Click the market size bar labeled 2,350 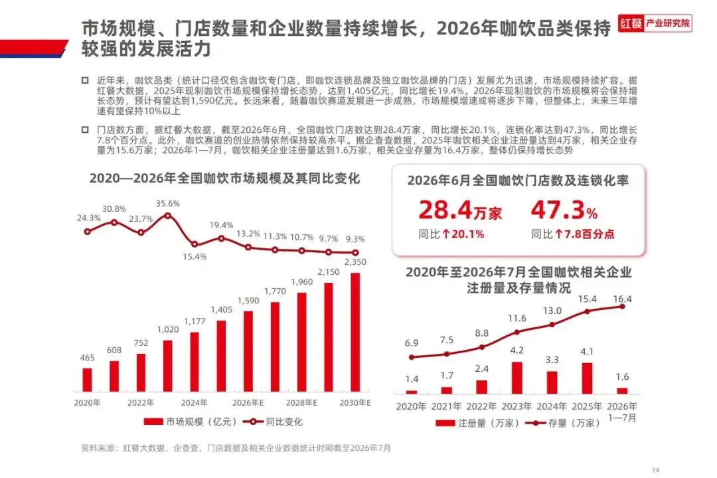(x=355, y=332)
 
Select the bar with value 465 (x=88, y=380)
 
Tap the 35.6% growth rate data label (x=168, y=204)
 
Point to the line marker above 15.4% (x=195, y=244)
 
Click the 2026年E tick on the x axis (x=248, y=403)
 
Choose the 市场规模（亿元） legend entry (x=190, y=422)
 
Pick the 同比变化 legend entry (x=273, y=422)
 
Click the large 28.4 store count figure (x=445, y=210)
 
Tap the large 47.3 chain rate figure (x=558, y=210)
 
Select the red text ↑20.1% (x=463, y=234)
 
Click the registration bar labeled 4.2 (x=517, y=378)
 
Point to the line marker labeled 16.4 (x=622, y=307)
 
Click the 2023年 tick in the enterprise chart (x=517, y=406)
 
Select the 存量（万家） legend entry (x=563, y=423)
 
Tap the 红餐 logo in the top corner (x=655, y=23)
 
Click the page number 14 (x=656, y=470)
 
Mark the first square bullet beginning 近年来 (x=85, y=80)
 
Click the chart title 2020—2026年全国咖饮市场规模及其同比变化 (x=224, y=179)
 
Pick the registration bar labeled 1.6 (x=622, y=390)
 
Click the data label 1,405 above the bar (x=221, y=309)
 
